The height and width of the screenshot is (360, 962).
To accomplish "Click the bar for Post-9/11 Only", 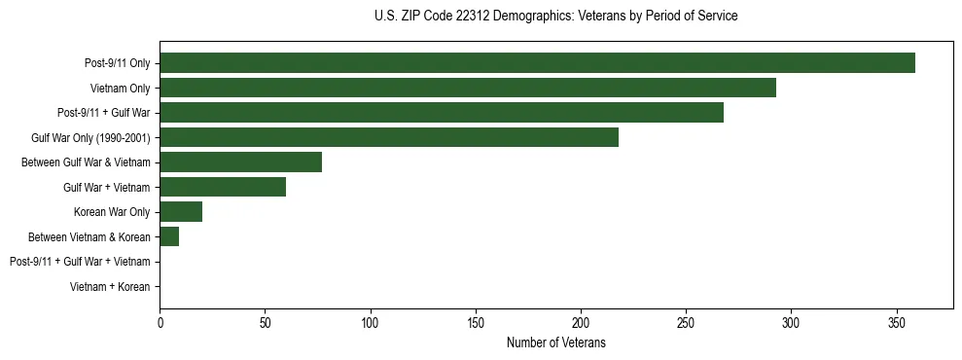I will pos(537,63).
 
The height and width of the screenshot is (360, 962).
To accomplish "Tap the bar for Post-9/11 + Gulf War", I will pos(441,113).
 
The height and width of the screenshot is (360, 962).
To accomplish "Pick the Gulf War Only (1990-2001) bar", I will pos(388,137).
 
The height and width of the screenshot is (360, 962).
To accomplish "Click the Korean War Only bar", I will pos(181,212).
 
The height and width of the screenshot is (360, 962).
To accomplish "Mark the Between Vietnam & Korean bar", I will pos(169,236).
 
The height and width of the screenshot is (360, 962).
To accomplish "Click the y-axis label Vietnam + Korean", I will pos(110,287).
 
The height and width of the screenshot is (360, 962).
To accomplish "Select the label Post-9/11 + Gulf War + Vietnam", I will pos(80,262).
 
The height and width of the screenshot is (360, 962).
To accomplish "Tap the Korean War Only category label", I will pos(112,212).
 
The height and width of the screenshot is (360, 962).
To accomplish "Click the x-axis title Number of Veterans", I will pos(555,342).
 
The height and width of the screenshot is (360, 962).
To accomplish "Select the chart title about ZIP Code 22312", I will pos(555,17).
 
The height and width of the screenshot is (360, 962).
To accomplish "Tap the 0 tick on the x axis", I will pos(160,322).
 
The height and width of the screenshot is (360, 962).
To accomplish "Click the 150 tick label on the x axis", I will pos(476,322).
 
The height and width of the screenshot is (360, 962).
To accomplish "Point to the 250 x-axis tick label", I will pos(686,322).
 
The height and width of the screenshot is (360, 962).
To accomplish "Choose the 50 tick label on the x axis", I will pos(265,322).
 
